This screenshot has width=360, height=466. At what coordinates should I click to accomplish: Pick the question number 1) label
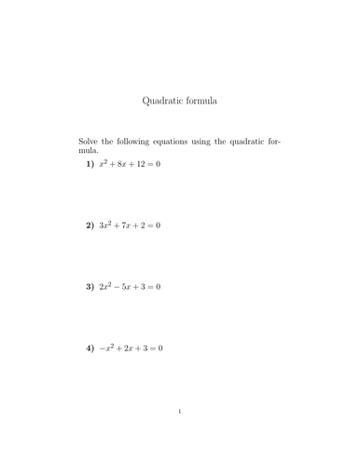[x=90, y=164]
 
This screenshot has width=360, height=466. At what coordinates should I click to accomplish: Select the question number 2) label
[x=90, y=225]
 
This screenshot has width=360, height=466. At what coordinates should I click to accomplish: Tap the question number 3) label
[x=90, y=286]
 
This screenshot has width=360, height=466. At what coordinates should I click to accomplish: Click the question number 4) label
[x=90, y=348]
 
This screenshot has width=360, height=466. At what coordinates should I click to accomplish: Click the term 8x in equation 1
[x=126, y=164]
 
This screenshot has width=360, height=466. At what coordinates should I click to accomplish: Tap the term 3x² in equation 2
[x=107, y=225]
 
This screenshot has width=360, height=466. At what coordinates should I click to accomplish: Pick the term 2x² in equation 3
[x=107, y=286]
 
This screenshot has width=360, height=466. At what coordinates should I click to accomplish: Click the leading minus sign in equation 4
[x=103, y=349]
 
